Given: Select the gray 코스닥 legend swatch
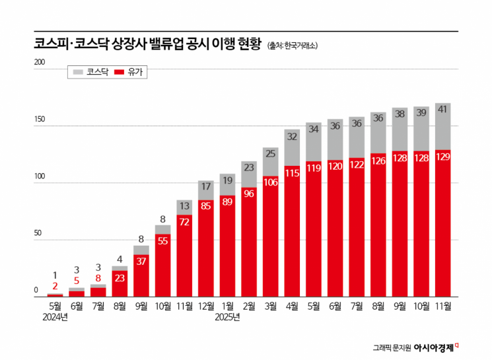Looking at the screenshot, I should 77,71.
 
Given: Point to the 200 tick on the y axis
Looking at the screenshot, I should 40,63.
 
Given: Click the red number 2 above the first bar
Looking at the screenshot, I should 55,285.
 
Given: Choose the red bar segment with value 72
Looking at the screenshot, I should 185,222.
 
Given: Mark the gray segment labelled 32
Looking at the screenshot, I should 293,136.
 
